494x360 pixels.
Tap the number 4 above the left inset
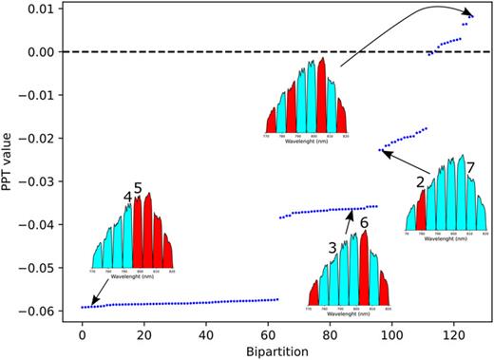(127, 197)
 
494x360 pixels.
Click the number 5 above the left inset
(138, 189)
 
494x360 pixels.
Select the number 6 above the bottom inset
(363, 222)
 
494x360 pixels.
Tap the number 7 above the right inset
(470, 168)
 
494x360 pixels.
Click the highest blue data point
(472, 15)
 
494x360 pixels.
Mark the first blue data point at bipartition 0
(83, 307)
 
